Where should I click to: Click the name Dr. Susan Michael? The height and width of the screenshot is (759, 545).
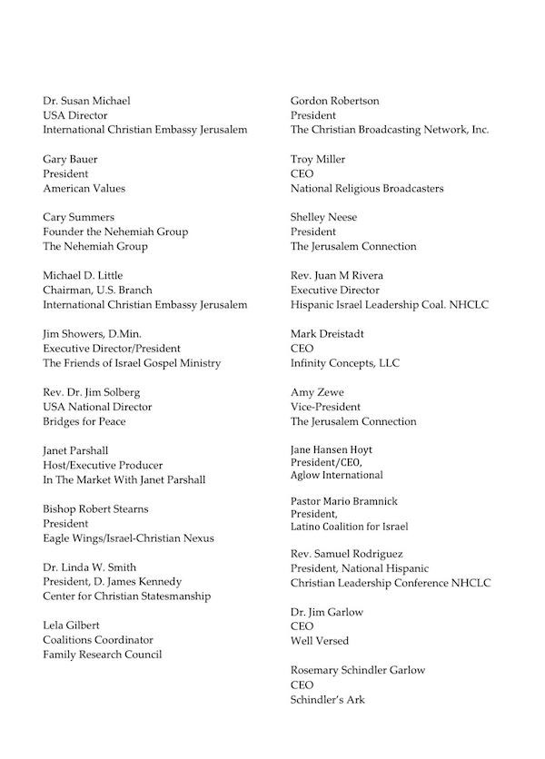[81, 101]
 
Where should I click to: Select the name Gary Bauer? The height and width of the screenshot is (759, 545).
[70, 159]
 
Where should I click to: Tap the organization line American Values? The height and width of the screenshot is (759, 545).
[84, 188]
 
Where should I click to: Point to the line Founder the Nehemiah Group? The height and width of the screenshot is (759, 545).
[115, 232]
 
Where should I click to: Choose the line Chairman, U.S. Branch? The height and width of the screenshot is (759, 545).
[94, 290]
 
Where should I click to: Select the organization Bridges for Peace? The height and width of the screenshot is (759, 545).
[84, 421]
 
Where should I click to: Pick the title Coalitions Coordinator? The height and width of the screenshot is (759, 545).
[98, 640]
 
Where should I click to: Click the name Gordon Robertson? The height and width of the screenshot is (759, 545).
[335, 101]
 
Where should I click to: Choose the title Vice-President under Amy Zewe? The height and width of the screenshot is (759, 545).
[325, 407]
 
